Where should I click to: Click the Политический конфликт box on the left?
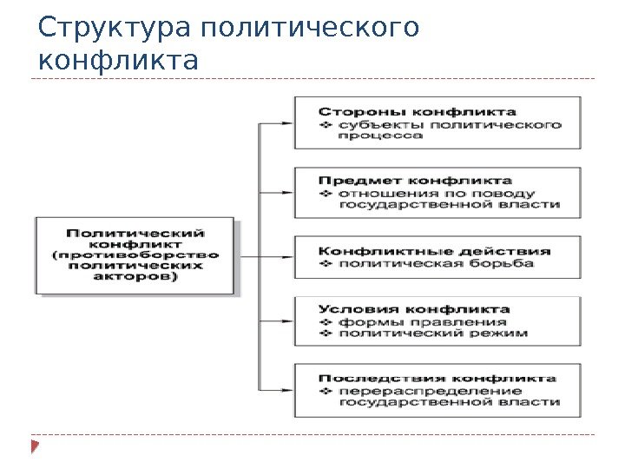pos(135,255)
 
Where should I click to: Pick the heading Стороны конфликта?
pos(417,111)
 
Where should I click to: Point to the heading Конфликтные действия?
pos(434,250)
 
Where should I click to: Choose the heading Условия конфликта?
pos(414,308)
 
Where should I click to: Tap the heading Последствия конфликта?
pos(437,379)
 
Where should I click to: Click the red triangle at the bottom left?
pos(35,448)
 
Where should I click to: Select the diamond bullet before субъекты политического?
pos(326,123)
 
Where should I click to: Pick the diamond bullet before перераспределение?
pos(326,391)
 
